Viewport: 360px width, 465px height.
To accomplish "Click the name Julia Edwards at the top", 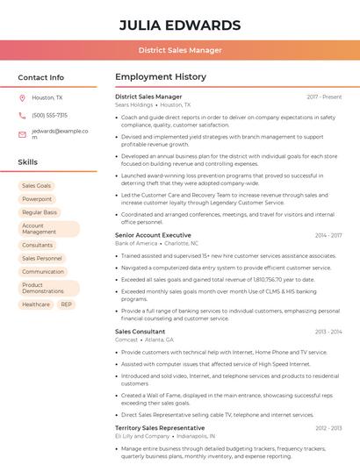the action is click(x=179, y=25).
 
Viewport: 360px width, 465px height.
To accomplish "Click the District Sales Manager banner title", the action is click(x=179, y=50).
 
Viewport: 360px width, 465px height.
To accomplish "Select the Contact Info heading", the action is click(x=40, y=77).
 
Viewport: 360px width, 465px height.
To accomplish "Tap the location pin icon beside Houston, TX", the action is click(x=22, y=98).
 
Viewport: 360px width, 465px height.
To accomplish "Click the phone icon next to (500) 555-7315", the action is click(x=22, y=115).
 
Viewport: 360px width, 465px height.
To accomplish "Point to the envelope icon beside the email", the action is click(x=22, y=134).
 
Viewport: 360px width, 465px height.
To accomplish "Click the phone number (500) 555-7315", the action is click(x=49, y=115).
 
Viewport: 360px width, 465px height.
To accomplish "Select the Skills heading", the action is click(x=27, y=162).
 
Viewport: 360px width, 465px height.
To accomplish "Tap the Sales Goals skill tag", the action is click(x=36, y=186).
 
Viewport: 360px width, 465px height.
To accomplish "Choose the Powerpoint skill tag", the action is click(x=36, y=199).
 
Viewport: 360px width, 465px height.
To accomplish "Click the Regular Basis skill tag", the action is click(x=39, y=212).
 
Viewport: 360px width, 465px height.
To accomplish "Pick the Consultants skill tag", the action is click(x=37, y=245).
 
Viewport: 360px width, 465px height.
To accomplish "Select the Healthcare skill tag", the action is click(x=36, y=304).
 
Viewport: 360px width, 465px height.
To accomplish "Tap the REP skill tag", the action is click(x=67, y=304).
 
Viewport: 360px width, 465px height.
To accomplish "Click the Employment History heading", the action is click(x=161, y=77).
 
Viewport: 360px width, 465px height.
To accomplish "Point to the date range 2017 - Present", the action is click(x=324, y=97).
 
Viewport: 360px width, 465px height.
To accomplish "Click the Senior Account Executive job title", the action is click(x=153, y=235).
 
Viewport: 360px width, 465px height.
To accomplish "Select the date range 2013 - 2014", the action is click(x=328, y=332).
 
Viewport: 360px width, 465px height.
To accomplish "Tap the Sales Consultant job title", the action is click(x=140, y=332).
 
